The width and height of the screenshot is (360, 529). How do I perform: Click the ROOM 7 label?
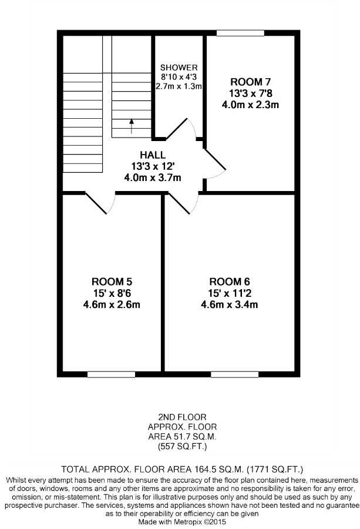pyautogui.click(x=250, y=82)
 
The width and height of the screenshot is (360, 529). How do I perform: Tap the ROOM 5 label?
pyautogui.click(x=112, y=282)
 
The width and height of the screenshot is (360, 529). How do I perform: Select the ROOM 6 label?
pyautogui.click(x=229, y=282)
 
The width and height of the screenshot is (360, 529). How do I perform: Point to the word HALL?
pyautogui.click(x=153, y=155)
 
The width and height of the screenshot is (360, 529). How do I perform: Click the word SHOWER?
pyautogui.click(x=179, y=68)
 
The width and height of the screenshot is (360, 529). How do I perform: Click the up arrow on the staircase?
pyautogui.click(x=132, y=126)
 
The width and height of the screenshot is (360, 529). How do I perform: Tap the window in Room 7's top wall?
pyautogui.click(x=240, y=33)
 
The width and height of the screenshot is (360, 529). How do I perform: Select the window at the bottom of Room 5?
pyautogui.click(x=111, y=374)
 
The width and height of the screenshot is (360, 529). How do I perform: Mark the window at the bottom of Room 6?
pyautogui.click(x=234, y=374)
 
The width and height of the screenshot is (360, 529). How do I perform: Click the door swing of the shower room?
pyautogui.click(x=182, y=129)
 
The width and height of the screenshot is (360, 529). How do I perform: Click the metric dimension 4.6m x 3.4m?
pyautogui.click(x=229, y=304)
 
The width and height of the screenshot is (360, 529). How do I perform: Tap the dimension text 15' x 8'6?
pyautogui.click(x=112, y=293)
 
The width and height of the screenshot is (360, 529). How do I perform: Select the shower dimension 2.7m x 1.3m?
pyautogui.click(x=179, y=86)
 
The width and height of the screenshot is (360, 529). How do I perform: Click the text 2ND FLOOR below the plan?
pyautogui.click(x=182, y=417)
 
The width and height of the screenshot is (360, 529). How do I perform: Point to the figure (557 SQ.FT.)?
pyautogui.click(x=182, y=446)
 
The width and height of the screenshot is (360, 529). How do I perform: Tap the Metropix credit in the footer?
pyautogui.click(x=182, y=521)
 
